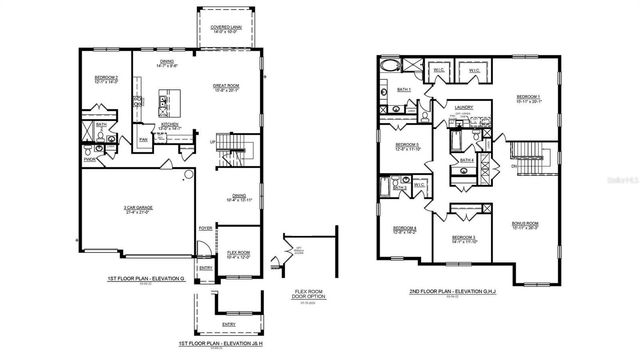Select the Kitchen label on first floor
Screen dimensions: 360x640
tap(171, 126)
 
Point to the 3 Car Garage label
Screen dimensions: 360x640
tap(131, 210)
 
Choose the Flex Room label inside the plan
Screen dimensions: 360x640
tap(238, 255)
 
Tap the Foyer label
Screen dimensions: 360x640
tap(205, 229)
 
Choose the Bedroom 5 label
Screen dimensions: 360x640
tap(407, 147)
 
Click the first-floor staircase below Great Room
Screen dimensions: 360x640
tap(233, 152)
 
